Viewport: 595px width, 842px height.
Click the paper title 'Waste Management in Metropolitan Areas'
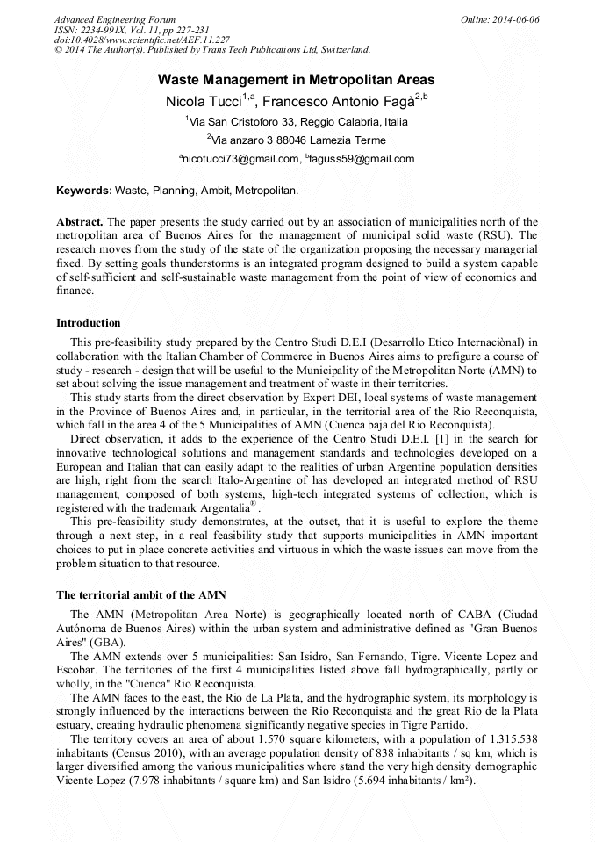pyautogui.click(x=297, y=79)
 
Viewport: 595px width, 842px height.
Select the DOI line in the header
pyautogui.click(x=142, y=40)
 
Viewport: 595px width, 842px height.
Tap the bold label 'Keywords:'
pyautogui.click(x=84, y=190)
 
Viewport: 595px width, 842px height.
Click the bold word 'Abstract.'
pyautogui.click(x=80, y=222)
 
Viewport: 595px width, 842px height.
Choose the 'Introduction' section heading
pyautogui.click(x=89, y=323)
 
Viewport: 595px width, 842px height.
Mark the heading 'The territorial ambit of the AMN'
pyautogui.click(x=141, y=595)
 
